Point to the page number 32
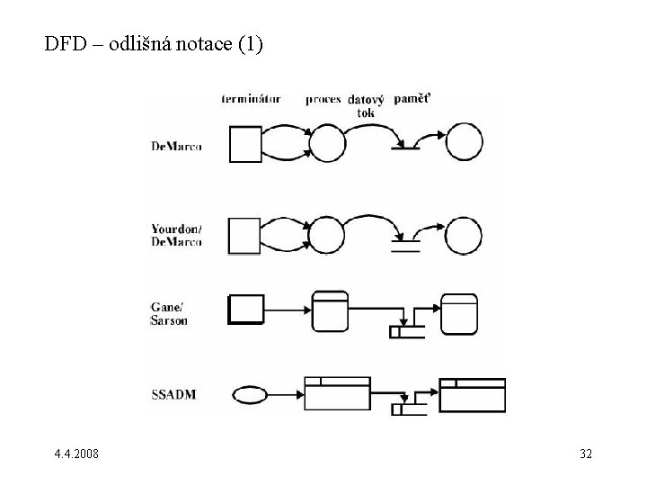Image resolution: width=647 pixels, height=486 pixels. pyautogui.click(x=585, y=454)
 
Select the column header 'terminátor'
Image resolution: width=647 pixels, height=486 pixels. pyautogui.click(x=252, y=99)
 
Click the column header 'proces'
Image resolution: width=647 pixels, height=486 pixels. pyautogui.click(x=323, y=99)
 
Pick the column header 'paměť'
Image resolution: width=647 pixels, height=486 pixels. pyautogui.click(x=411, y=98)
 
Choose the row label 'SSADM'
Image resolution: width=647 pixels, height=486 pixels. pyautogui.click(x=176, y=394)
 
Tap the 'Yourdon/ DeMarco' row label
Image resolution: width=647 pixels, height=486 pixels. pyautogui.click(x=176, y=235)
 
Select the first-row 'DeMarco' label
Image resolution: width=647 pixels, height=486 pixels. pyautogui.click(x=176, y=146)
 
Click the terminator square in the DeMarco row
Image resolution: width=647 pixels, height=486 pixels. pyautogui.click(x=245, y=144)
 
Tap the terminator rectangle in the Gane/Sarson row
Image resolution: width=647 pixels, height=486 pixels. pyautogui.click(x=246, y=309)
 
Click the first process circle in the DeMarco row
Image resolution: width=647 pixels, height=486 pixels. pyautogui.click(x=327, y=144)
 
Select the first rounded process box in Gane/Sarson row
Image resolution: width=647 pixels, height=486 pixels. pyautogui.click(x=330, y=310)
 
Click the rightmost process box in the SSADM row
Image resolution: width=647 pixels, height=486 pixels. pyautogui.click(x=473, y=394)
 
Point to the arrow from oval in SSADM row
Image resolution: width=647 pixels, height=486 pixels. pyautogui.click(x=286, y=394)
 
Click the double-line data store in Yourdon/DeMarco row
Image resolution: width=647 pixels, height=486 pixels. pyautogui.click(x=406, y=246)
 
